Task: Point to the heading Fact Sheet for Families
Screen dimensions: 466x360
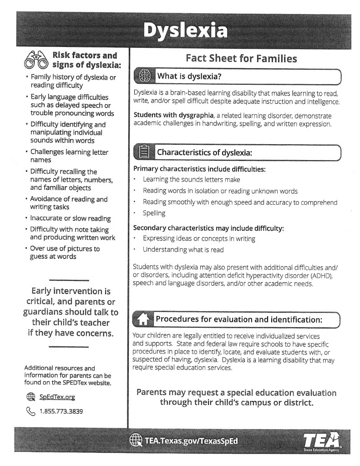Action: coord(241,58)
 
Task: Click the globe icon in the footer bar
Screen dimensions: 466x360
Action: coord(136,440)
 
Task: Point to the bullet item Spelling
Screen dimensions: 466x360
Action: coord(154,213)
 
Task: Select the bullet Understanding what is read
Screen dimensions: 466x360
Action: coord(183,249)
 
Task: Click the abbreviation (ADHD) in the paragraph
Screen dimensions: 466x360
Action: coord(322,276)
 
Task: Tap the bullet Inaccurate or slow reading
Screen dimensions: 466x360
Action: coord(70,218)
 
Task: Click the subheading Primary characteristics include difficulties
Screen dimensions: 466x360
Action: coord(199,169)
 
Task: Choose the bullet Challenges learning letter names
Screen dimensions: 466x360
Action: coord(69,156)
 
